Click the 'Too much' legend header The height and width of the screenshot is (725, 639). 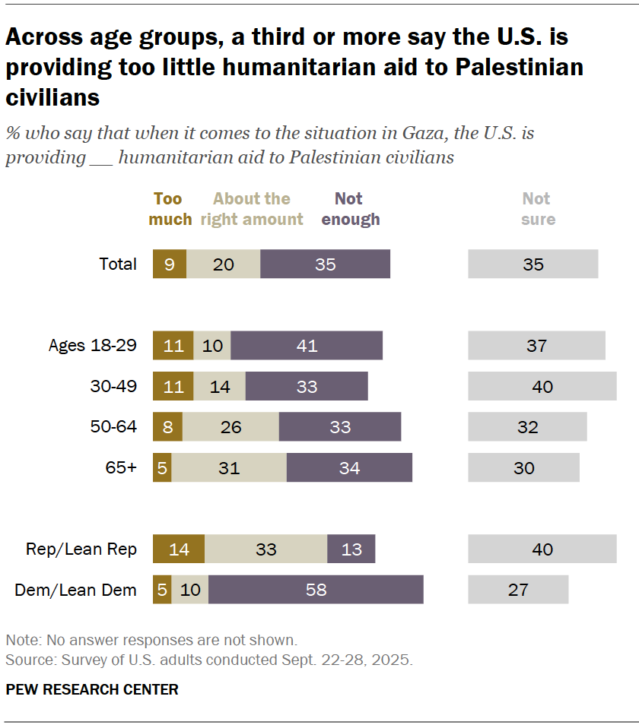click(170, 209)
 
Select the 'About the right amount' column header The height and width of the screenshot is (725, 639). click(252, 209)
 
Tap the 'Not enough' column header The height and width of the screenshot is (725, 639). click(350, 209)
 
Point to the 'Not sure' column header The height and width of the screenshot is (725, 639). click(538, 209)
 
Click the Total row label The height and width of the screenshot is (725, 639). click(118, 264)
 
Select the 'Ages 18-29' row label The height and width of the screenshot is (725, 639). click(93, 346)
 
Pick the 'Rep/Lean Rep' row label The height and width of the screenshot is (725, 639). click(81, 549)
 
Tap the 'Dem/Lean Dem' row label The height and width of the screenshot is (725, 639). click(76, 589)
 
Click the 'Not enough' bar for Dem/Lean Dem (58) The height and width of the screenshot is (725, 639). click(316, 589)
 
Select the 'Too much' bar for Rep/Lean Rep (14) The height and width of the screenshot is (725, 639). click(179, 549)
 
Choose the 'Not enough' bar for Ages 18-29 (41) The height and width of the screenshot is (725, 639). click(307, 346)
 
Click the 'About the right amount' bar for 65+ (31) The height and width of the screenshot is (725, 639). click(229, 467)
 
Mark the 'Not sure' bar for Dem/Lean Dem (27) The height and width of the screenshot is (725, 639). click(518, 589)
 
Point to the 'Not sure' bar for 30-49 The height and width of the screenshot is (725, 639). click(542, 386)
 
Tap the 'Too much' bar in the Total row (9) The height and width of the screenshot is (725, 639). click(170, 264)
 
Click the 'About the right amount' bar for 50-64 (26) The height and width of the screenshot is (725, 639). click(230, 427)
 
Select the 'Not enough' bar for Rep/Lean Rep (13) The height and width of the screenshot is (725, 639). click(351, 549)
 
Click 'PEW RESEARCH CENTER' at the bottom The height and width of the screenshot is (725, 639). click(92, 689)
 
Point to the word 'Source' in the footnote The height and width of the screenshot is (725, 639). click(25, 659)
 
